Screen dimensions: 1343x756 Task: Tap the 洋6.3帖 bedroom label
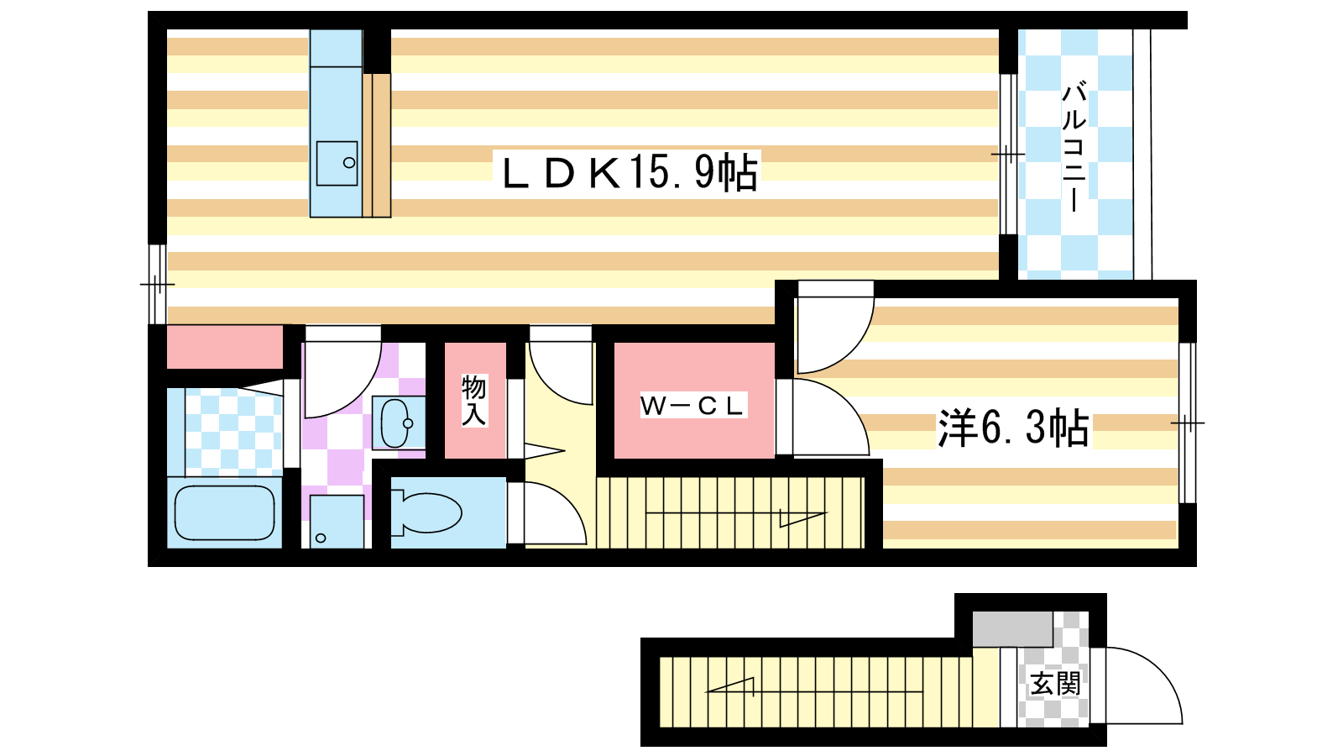[x=1013, y=428]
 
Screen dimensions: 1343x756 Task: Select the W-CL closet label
[x=692, y=406]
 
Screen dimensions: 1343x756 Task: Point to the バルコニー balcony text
[x=1074, y=148]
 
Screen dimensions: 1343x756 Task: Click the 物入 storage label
[x=473, y=400]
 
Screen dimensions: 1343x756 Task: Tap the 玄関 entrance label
[x=1055, y=684]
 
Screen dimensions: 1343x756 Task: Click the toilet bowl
[x=426, y=512]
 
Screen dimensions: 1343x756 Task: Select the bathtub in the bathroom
[x=224, y=512]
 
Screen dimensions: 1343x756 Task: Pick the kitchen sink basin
[x=337, y=163]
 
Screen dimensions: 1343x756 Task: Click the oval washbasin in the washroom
[x=395, y=423]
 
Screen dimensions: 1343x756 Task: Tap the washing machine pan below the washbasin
[x=337, y=522]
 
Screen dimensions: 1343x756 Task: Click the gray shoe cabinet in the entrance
[x=1012, y=629]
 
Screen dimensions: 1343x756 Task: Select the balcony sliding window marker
[x=1008, y=155]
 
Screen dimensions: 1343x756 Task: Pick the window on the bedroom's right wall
[x=1188, y=423]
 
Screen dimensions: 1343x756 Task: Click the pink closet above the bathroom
[x=224, y=347]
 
